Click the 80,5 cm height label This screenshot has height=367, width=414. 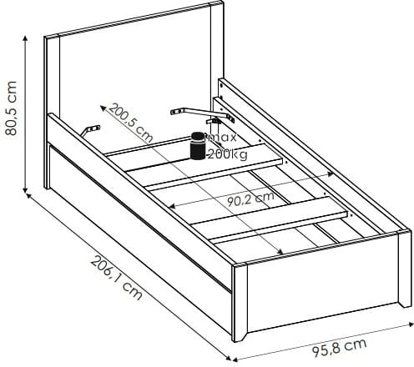[12, 108]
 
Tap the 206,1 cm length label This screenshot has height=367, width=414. [117, 278]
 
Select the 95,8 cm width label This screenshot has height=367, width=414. [339, 348]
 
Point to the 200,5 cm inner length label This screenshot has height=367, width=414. [131, 123]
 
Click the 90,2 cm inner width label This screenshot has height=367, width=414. [250, 199]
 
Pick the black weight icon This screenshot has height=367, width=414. [198, 146]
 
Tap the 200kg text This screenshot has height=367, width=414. [228, 153]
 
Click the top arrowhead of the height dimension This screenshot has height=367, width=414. [25, 38]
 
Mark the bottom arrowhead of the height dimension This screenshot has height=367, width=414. [25, 190]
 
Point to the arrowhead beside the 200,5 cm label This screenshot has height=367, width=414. [103, 108]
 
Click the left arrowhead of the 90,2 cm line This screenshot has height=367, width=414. [172, 206]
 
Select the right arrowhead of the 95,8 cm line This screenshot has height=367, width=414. [411, 324]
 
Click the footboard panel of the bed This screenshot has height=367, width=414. [323, 286]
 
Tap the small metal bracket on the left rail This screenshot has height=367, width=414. [90, 130]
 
